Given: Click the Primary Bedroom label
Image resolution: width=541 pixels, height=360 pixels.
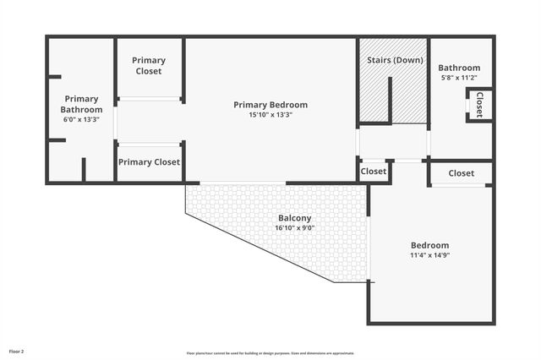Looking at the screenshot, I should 270,105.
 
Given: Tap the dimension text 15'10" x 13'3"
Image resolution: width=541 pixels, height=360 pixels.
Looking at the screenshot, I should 270,115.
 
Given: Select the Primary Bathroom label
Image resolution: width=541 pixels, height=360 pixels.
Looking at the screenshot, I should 81,104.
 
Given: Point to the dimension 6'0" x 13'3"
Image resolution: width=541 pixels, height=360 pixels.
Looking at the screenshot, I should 81,119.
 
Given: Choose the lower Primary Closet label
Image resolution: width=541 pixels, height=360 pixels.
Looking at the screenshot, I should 149,162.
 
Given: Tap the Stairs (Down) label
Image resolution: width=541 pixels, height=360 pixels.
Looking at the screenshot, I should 395,61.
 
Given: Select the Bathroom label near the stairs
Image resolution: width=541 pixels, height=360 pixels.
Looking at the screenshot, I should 459,68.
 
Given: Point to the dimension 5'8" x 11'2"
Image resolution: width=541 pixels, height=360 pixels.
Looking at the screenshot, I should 459,78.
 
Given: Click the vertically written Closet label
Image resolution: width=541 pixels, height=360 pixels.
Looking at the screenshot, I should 479,104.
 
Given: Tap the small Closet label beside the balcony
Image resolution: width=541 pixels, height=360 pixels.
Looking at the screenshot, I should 374,172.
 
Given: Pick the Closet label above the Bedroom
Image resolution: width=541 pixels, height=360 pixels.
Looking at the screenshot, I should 462,173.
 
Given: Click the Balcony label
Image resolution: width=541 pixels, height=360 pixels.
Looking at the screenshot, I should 295,218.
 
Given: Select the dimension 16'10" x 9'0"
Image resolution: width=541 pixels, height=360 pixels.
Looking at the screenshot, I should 295,228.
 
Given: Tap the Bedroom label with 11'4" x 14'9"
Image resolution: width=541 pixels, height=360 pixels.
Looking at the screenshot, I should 429,245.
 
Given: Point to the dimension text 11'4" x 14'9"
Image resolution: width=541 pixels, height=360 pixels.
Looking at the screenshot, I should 429,255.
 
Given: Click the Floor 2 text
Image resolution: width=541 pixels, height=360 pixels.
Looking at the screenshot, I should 17,351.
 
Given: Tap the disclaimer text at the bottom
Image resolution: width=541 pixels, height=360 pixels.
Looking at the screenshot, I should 270,353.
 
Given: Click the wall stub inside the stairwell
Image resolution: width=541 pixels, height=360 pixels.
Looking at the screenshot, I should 390,100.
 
